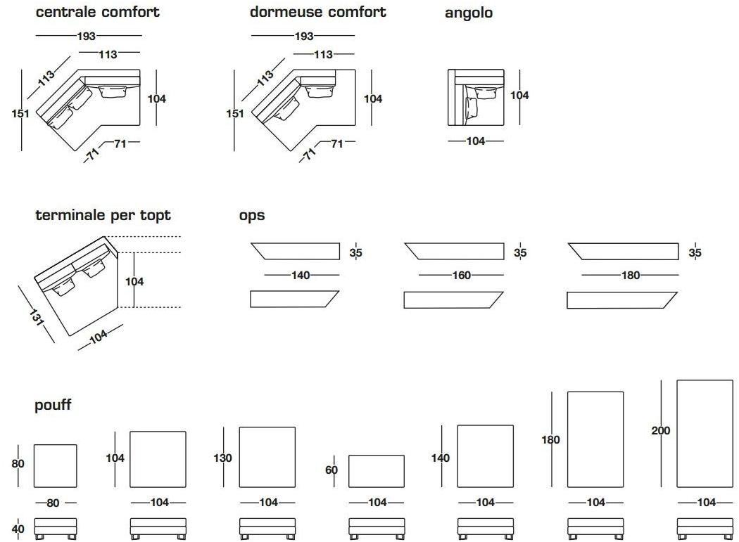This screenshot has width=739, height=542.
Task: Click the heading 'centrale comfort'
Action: point(97,12)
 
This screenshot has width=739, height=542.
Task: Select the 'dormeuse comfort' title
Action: point(317,12)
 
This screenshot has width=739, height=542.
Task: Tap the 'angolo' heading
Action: point(468,13)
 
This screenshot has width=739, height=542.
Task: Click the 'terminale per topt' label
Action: point(103,215)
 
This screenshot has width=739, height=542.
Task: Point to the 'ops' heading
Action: point(251,215)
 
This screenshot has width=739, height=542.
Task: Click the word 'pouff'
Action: point(53,405)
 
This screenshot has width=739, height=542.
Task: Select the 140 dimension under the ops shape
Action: point(301,276)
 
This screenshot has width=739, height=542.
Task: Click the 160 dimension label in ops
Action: point(461,276)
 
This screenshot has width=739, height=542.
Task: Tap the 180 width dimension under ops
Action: point(631,276)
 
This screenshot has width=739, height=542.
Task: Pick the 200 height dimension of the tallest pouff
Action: point(661,430)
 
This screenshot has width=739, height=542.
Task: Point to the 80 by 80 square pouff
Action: point(56,465)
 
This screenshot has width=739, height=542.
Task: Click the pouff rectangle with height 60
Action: point(377,471)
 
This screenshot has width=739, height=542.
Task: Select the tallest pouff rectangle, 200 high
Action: point(705,434)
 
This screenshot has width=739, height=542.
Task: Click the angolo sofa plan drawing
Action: point(476,98)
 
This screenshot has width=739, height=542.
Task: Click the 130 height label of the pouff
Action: point(222,458)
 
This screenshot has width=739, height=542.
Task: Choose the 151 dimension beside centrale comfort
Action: point(21,112)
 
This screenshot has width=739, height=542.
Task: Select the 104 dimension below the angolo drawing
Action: point(476,141)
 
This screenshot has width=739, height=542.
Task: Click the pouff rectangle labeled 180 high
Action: point(595,439)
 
